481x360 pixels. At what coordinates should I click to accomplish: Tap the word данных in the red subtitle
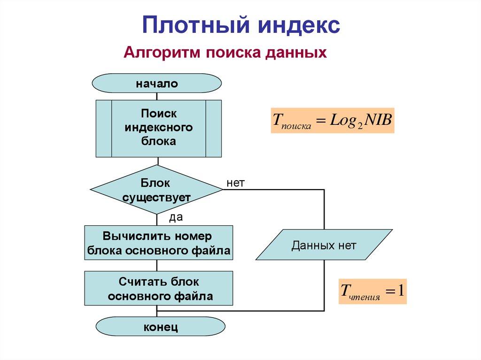tap(295, 52)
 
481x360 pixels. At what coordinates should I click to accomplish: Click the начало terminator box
tap(157, 84)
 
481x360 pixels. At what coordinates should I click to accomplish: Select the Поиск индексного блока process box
tap(158, 128)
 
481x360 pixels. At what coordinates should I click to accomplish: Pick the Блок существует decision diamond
tap(156, 190)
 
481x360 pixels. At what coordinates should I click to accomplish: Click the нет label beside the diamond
tap(235, 183)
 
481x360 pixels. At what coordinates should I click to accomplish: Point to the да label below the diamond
tap(175, 217)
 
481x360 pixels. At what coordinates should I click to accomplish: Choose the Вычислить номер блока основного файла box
tap(158, 243)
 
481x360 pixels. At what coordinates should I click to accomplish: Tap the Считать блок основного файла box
tap(158, 288)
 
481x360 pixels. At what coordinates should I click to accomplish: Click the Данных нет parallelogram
tap(324, 245)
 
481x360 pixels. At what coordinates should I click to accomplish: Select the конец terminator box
tap(160, 327)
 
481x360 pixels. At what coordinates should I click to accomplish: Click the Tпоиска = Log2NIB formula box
tap(332, 120)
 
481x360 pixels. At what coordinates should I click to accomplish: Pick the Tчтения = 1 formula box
tap(372, 291)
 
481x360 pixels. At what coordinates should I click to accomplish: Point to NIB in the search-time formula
tap(378, 119)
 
